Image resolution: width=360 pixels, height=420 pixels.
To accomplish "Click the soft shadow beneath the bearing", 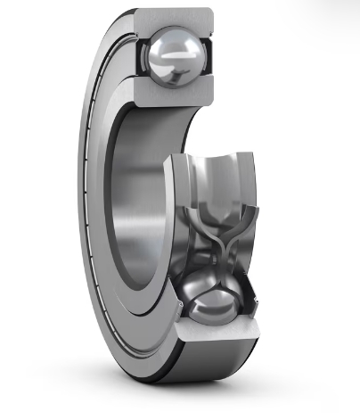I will coord(178,401).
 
